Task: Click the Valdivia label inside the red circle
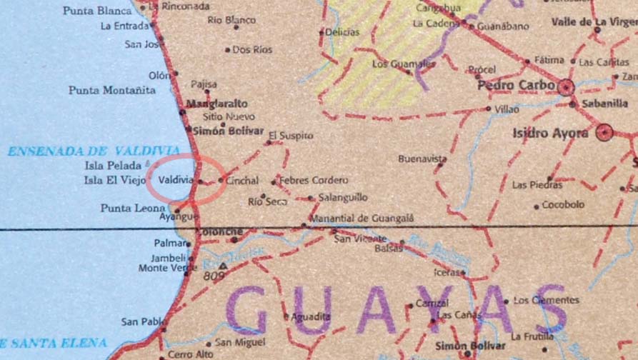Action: tap(175, 180)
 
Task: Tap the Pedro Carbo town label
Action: tap(516, 86)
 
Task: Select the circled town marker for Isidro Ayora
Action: tap(605, 132)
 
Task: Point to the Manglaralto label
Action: tap(216, 104)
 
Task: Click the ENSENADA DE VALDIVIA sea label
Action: tap(93, 151)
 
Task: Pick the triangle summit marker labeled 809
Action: tap(223, 266)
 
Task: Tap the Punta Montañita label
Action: tap(112, 90)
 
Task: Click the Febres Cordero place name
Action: tap(314, 181)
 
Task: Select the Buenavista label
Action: tap(422, 159)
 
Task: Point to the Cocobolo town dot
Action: tap(537, 207)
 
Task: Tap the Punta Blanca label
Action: tap(97, 11)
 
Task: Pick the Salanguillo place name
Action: tap(343, 198)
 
